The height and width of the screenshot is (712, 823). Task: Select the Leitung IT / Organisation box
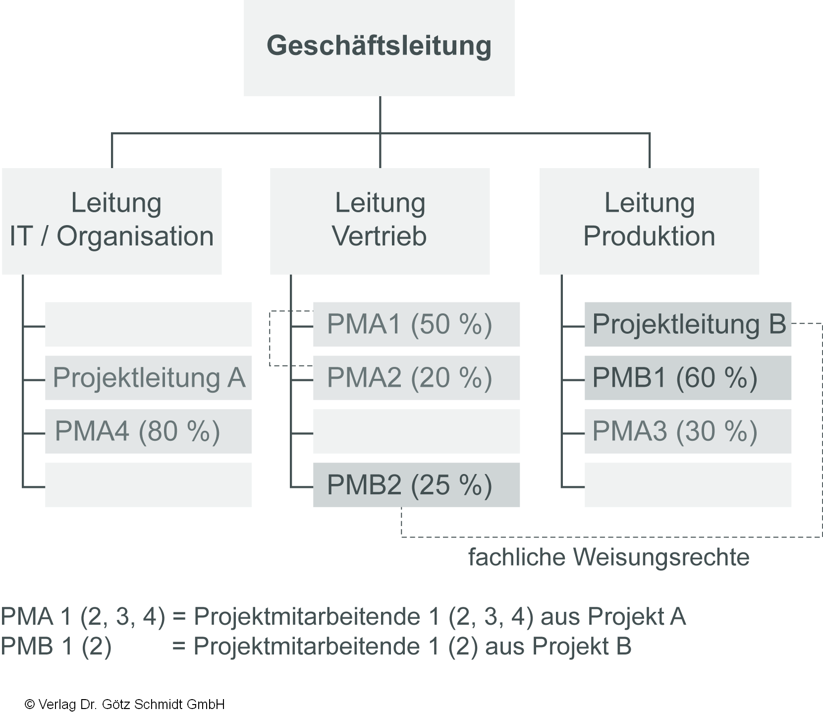[x=111, y=221]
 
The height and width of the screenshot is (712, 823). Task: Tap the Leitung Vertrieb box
[x=380, y=221]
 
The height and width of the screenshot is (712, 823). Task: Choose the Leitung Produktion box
[x=649, y=221]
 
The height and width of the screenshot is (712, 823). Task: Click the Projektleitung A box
[x=148, y=378]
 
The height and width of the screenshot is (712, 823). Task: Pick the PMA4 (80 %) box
[x=148, y=431]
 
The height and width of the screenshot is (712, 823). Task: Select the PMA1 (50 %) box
[x=416, y=324]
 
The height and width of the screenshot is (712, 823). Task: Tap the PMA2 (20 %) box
[x=416, y=378]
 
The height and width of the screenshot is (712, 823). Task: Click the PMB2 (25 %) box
[x=416, y=485]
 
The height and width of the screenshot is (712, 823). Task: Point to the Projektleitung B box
[x=688, y=324]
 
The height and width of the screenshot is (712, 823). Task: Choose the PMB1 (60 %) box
[x=688, y=378]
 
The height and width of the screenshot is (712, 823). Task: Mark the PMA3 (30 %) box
[x=688, y=431]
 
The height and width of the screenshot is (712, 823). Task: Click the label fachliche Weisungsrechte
[x=608, y=557]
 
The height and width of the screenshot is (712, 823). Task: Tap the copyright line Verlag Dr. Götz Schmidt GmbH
[x=125, y=704]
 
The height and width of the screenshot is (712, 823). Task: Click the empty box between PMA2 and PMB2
[x=416, y=431]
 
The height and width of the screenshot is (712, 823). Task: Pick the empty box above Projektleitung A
[x=148, y=324]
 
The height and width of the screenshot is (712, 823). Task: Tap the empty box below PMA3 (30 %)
[x=688, y=485]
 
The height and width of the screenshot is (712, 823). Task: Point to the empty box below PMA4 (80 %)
[x=148, y=485]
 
